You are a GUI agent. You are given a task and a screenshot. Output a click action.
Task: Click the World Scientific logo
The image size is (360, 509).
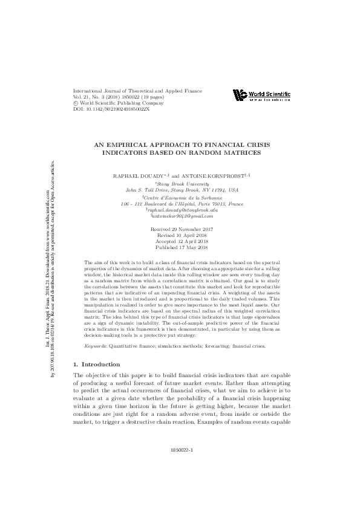click(261, 96)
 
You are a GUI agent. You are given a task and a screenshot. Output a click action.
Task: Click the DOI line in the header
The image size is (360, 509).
click(111, 109)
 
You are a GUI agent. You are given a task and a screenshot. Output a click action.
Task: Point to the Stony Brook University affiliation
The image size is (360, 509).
click(179, 183)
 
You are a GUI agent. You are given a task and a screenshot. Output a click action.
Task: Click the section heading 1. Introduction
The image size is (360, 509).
click(96, 365)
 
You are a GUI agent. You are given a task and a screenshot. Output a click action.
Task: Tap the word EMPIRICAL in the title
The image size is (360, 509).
click(133, 145)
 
